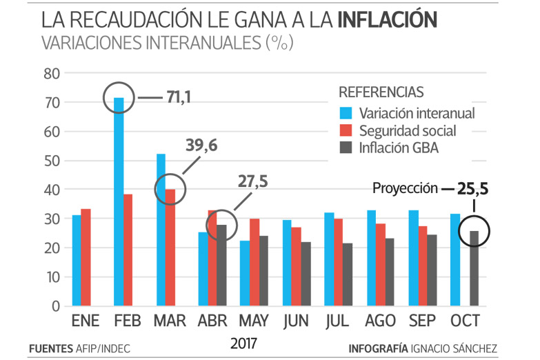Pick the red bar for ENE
coord(86,257)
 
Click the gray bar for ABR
coord(222,265)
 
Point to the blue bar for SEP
coord(414,258)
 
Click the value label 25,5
coord(474,187)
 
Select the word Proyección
coord(406,188)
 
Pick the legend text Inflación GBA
coord(399,147)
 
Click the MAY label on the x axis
coord(254,321)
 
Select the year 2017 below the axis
coord(245,342)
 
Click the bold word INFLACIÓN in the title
coord(388,20)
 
